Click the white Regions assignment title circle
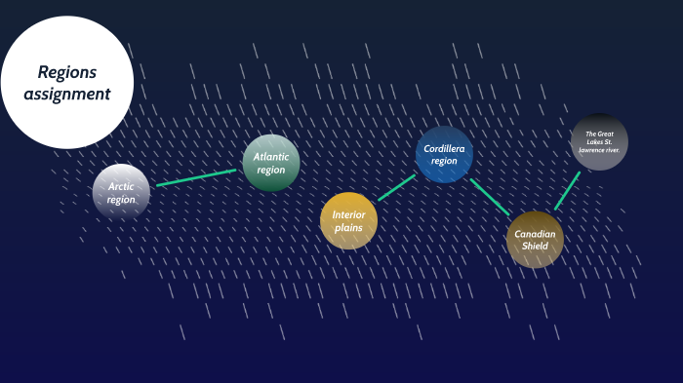(x=66, y=83)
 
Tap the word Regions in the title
(x=67, y=73)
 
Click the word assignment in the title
(x=67, y=95)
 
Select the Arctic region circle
(x=121, y=192)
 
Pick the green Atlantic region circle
(x=271, y=162)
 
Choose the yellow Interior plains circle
(x=348, y=220)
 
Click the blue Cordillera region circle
(x=444, y=155)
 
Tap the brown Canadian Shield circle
(x=536, y=240)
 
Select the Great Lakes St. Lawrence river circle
(x=599, y=142)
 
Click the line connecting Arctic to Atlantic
(x=196, y=177)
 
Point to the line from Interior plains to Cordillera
(x=396, y=188)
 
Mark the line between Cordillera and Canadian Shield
(x=490, y=196)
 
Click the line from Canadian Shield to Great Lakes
(x=568, y=190)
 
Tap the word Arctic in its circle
(x=121, y=186)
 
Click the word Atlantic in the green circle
(x=271, y=156)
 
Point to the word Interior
(x=348, y=214)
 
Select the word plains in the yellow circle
(x=348, y=227)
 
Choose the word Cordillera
(x=444, y=149)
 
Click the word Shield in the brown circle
(x=536, y=247)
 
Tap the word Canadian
(x=536, y=234)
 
